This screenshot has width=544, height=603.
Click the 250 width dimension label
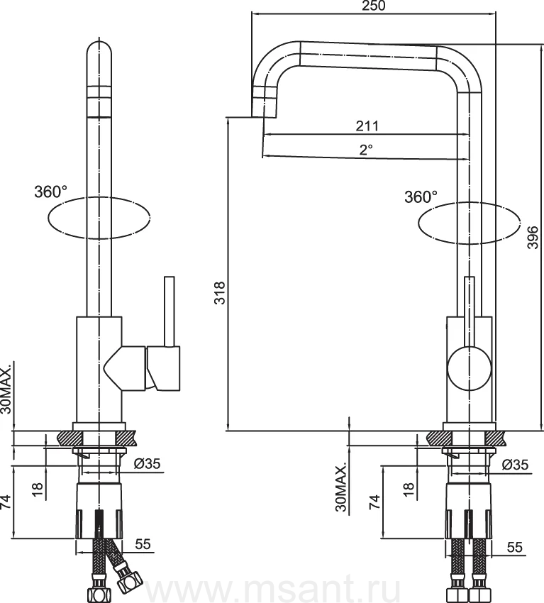pos(373,6)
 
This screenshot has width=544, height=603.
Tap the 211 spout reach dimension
pos(367,126)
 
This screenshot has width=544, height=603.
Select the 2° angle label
pos(367,149)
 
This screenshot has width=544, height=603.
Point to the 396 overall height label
pos(533,237)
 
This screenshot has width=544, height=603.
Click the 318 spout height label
pos(220,293)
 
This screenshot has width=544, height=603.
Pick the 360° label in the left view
pos(50,192)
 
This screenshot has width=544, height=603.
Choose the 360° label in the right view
pos(421,197)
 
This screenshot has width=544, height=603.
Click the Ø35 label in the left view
pos(147,464)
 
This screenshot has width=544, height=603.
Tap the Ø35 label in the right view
pos(515,465)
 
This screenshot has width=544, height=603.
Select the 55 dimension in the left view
pos(143,544)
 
